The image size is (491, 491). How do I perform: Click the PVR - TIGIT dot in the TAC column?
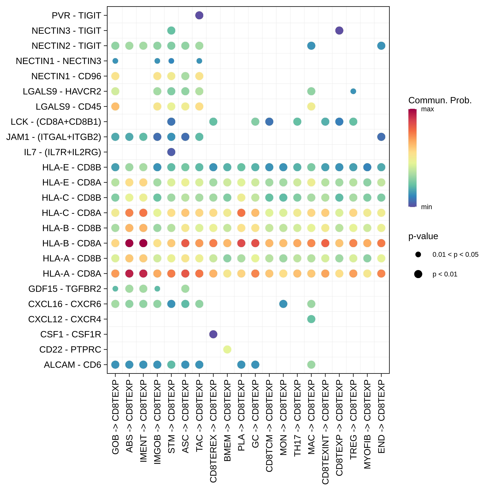(199, 15)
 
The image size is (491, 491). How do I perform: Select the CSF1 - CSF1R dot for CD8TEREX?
(213, 334)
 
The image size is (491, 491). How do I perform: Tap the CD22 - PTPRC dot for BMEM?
(227, 349)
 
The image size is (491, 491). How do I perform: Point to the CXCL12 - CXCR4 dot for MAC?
(311, 319)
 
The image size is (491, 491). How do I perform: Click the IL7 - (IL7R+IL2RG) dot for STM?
(171, 152)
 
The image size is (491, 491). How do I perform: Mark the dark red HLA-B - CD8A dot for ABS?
(129, 243)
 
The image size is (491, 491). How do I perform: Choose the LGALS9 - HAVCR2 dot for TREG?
(353, 91)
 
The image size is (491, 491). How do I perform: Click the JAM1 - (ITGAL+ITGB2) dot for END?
(381, 137)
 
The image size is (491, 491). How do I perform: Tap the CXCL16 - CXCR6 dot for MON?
(283, 304)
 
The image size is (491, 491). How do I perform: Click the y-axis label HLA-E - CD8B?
(72, 167)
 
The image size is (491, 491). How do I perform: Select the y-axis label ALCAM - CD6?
(73, 365)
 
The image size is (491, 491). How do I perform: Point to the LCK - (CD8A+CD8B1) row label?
(56, 122)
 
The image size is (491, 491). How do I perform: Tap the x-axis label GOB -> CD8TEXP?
(115, 417)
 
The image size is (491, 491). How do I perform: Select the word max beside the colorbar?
(427, 109)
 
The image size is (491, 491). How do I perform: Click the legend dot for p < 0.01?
(418, 274)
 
